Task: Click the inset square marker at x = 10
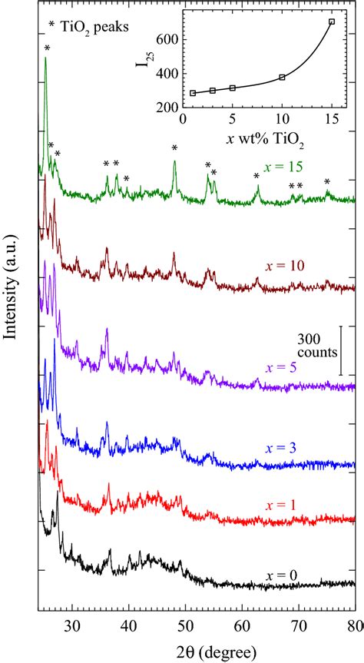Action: click(283, 77)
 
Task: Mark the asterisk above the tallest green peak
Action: click(47, 49)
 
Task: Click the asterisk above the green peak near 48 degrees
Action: click(175, 149)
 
